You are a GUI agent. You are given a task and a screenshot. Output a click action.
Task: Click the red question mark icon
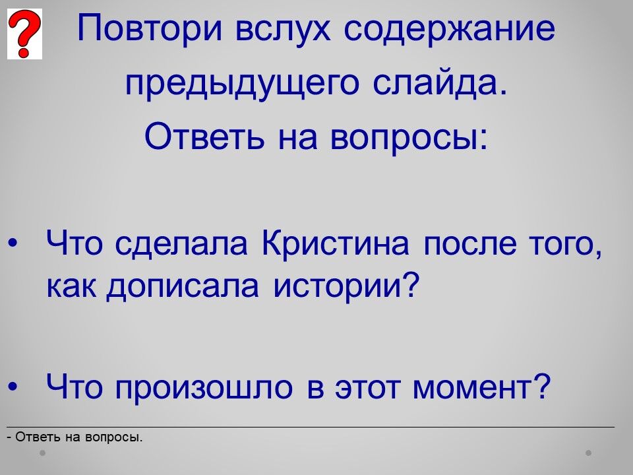[24, 34]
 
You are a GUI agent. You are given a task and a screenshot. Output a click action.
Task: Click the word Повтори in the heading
[150, 28]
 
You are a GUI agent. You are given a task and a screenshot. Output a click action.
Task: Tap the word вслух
[283, 29]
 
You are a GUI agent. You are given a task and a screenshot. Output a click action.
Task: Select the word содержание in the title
[449, 29]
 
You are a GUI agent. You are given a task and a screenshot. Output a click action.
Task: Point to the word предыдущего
[242, 84]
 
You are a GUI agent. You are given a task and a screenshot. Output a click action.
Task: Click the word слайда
[440, 83]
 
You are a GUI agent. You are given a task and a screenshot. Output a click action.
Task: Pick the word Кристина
[335, 243]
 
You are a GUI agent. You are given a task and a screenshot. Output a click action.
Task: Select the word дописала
[183, 287]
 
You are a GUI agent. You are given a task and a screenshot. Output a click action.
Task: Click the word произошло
[204, 388]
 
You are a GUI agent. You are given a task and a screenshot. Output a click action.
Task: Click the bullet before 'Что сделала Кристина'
[13, 243]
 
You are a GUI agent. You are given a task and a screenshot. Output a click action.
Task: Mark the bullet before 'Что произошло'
[13, 386]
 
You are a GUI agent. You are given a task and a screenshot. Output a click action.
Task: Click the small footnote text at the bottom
[75, 437]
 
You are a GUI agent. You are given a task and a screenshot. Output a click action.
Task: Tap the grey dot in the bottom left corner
[42, 453]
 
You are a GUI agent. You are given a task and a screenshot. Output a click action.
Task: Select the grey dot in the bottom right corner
[589, 453]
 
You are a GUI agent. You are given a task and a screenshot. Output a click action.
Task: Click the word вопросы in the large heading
[409, 137]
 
